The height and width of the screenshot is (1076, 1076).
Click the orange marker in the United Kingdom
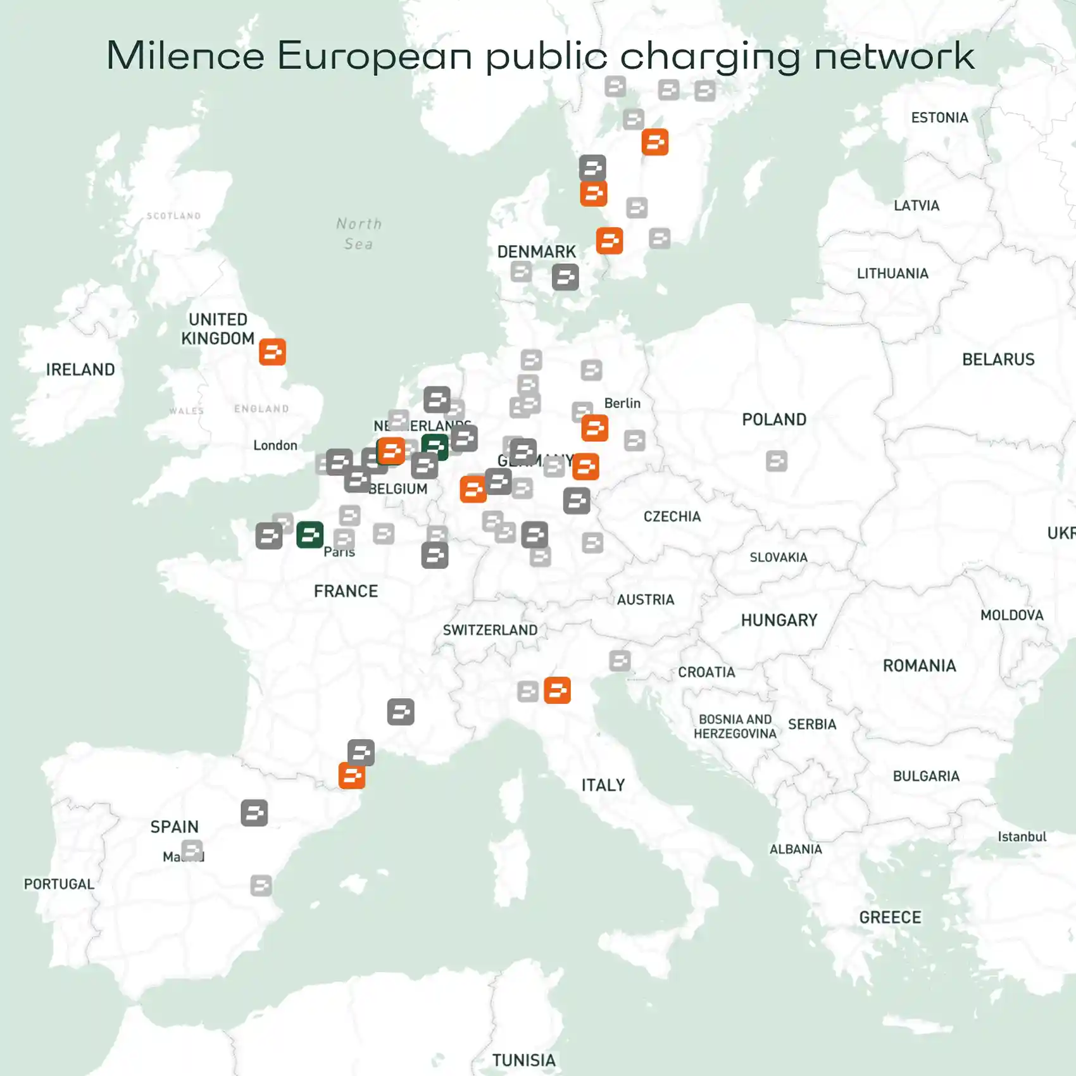pyautogui.click(x=272, y=352)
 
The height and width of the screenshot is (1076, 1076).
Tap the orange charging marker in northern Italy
pyautogui.click(x=557, y=690)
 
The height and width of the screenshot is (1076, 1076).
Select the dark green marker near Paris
pyautogui.click(x=310, y=535)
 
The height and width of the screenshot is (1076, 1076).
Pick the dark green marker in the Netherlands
pyautogui.click(x=435, y=447)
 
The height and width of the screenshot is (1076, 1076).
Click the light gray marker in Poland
pyautogui.click(x=777, y=461)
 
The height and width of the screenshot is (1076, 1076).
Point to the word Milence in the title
pyautogui.click(x=185, y=56)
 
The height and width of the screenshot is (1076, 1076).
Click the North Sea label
pyautogui.click(x=359, y=234)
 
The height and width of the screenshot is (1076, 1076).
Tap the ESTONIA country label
pyautogui.click(x=939, y=118)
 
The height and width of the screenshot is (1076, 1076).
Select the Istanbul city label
pyautogui.click(x=1022, y=837)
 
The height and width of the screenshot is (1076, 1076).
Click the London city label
pyautogui.click(x=275, y=446)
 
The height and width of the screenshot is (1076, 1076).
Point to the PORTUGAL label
pyautogui.click(x=59, y=884)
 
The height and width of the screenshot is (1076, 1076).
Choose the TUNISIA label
pyautogui.click(x=523, y=1060)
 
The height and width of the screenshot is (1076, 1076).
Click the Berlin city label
pyautogui.click(x=622, y=403)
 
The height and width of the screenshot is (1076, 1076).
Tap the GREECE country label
pyautogui.click(x=890, y=917)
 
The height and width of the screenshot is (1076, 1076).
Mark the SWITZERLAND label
pyautogui.click(x=490, y=630)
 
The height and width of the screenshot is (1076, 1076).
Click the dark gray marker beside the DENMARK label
pyautogui.click(x=565, y=277)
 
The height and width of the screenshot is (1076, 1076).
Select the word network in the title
pyautogui.click(x=894, y=56)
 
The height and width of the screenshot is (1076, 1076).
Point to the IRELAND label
pyautogui.click(x=80, y=370)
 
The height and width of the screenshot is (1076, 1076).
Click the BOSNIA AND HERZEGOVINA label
pyautogui.click(x=735, y=727)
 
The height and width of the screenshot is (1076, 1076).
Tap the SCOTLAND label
pyautogui.click(x=173, y=216)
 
